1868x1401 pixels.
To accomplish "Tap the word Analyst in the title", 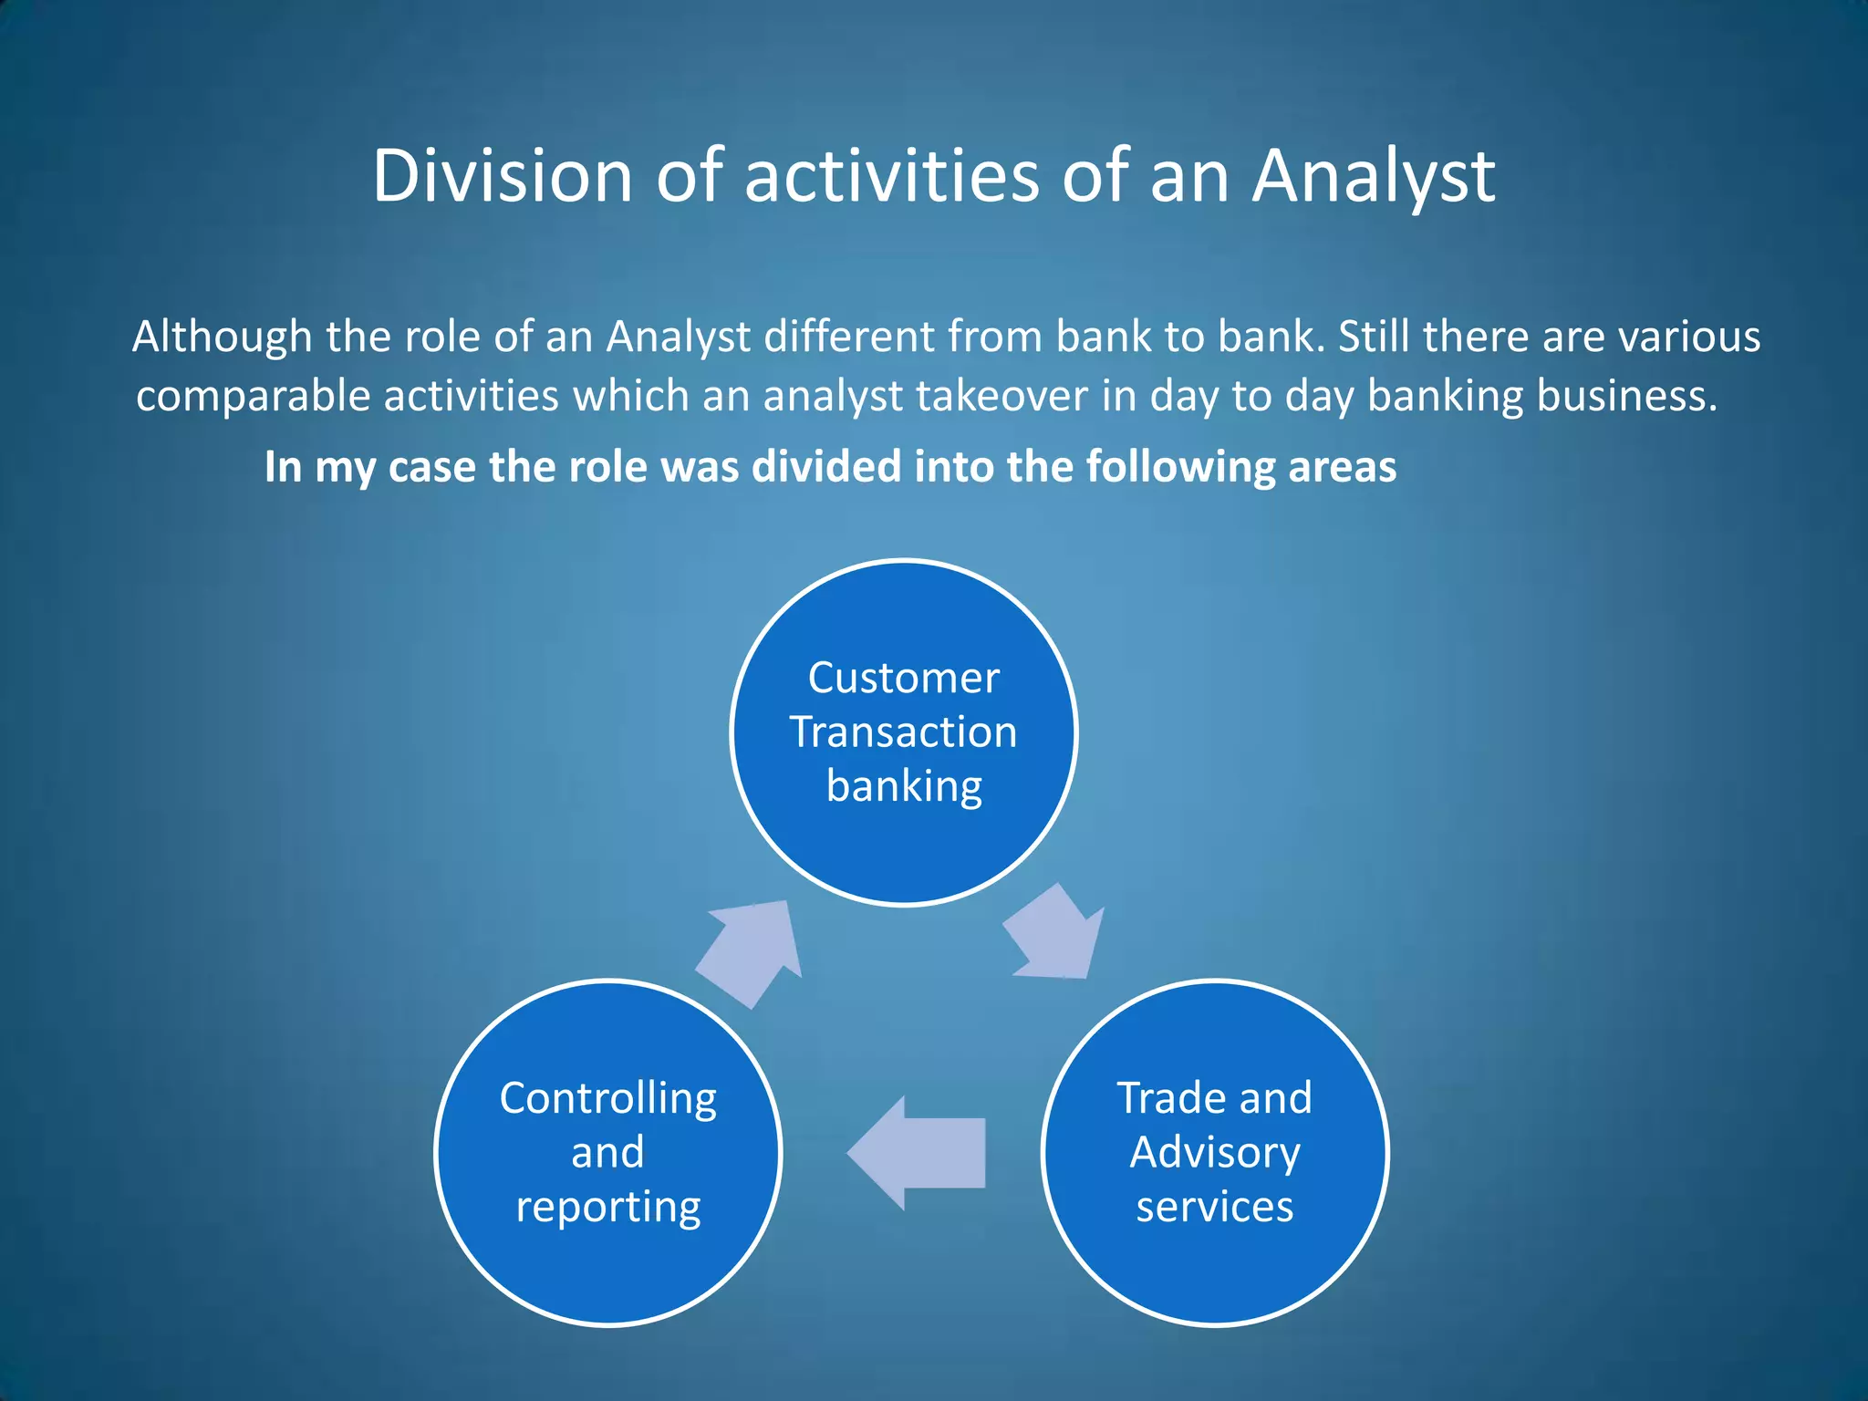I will tap(1373, 178).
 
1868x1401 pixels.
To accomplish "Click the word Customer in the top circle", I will tap(903, 678).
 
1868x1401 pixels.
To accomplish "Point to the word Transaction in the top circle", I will tap(903, 732).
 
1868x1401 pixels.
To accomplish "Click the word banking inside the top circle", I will tap(903, 786).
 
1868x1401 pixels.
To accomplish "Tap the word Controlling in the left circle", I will tap(607, 1098).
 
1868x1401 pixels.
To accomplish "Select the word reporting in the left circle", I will tap(607, 1208).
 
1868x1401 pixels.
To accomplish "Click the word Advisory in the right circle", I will tap(1214, 1153).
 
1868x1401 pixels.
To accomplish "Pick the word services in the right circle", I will tap(1214, 1207).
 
